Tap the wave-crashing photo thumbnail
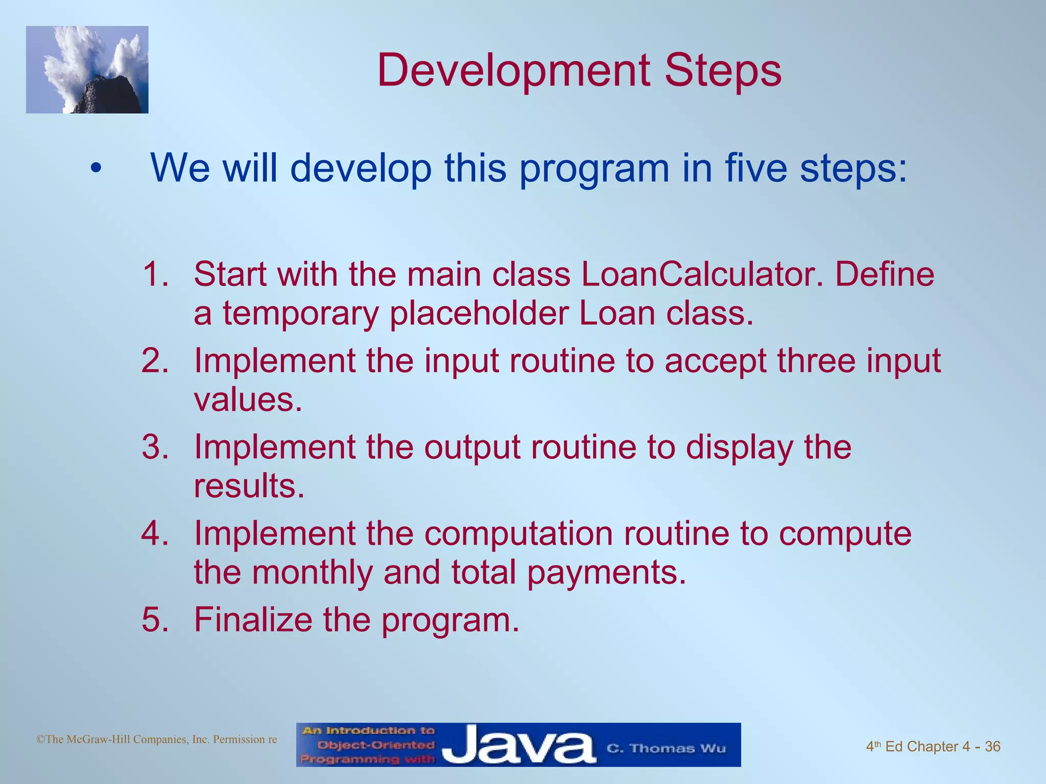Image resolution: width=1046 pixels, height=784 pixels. point(87,70)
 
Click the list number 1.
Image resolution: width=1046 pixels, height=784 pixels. point(155,274)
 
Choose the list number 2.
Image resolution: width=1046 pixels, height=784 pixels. point(155,360)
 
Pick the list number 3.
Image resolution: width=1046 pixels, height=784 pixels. point(155,447)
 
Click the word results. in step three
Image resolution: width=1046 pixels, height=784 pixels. point(249,485)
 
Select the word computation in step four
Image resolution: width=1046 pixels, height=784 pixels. point(518,534)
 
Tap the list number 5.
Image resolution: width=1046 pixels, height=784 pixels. point(155,619)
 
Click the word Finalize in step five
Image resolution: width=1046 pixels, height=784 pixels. point(252,619)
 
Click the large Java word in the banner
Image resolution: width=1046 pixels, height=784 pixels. point(518,746)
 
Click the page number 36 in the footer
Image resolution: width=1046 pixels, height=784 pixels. point(992,747)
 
